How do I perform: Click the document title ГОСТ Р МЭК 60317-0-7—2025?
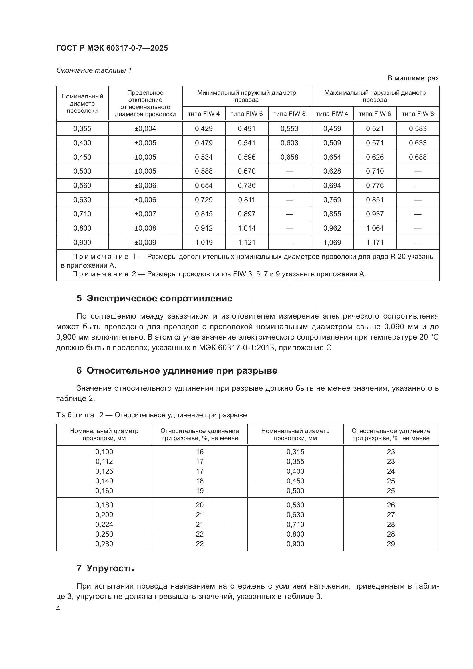[x=112, y=48]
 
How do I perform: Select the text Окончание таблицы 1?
[x=94, y=71]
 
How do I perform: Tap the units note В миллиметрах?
[x=413, y=78]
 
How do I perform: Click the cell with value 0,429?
[x=204, y=128]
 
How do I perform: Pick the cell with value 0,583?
[x=417, y=128]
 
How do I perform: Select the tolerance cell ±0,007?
[x=145, y=214]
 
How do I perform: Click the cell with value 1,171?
[x=375, y=243]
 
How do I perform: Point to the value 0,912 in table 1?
[x=204, y=228]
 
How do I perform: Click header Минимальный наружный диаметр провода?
[x=247, y=96]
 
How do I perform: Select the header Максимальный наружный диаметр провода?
[x=375, y=96]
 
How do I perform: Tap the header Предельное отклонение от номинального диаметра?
[x=145, y=103]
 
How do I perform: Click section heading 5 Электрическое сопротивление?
[x=154, y=298]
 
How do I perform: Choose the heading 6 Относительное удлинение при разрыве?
[x=176, y=370]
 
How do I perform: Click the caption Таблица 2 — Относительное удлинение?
[x=151, y=415]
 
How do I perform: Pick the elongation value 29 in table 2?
[x=391, y=544]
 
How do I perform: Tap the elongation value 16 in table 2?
[x=200, y=452]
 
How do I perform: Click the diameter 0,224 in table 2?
[x=104, y=524]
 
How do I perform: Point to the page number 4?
[x=58, y=609]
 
